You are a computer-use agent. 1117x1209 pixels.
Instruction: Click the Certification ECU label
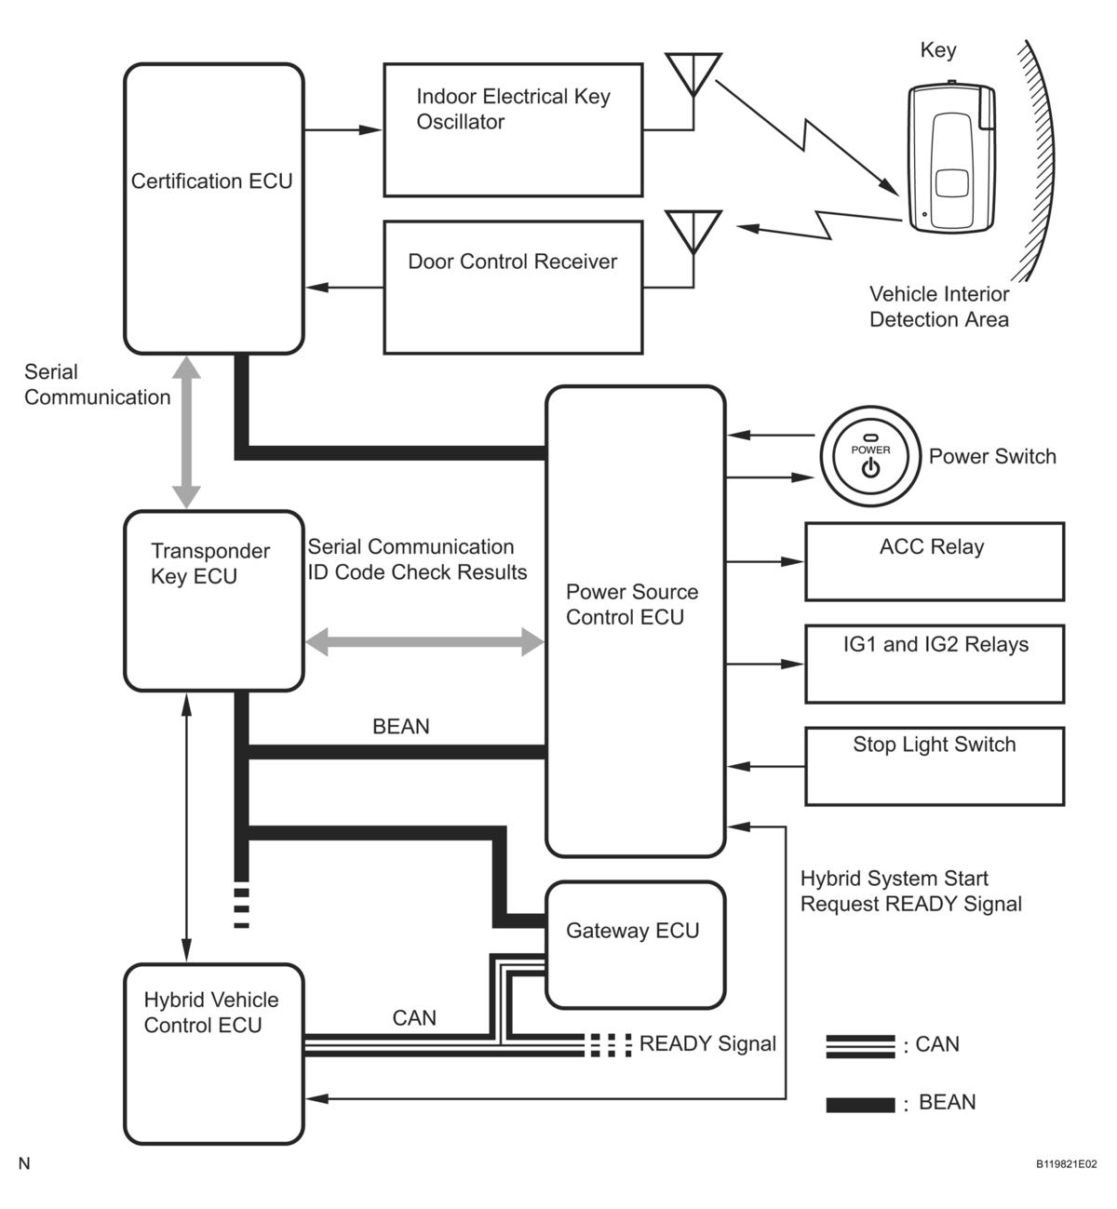point(211,181)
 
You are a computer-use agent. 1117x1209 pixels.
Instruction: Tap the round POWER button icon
point(870,456)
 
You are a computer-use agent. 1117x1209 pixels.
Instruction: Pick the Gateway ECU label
point(632,930)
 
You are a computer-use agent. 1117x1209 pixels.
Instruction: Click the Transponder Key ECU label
point(210,563)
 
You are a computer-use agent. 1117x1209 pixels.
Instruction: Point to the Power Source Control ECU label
point(632,604)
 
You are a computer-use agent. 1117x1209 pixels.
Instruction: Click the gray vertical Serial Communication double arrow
point(186,432)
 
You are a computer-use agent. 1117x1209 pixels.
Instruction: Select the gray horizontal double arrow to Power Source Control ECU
point(424,641)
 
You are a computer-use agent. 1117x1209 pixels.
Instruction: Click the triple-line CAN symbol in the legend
point(860,1046)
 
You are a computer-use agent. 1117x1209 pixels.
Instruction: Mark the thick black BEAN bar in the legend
point(860,1105)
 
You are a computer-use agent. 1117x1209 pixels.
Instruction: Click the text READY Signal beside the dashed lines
point(707,1043)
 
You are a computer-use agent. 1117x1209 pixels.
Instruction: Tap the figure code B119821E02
point(1067,1164)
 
